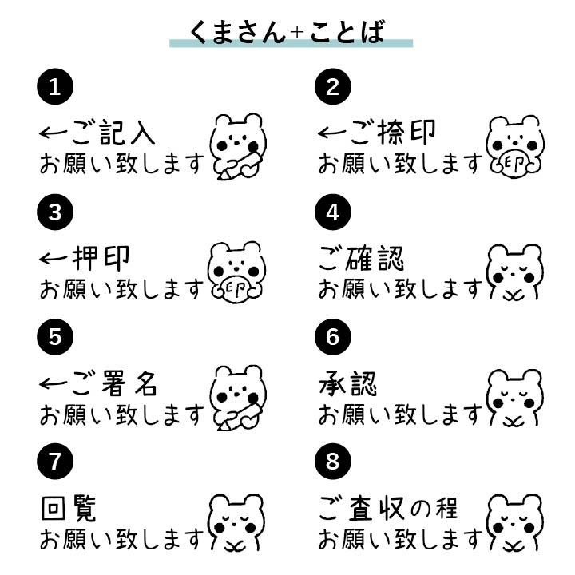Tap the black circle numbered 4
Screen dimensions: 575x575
333,212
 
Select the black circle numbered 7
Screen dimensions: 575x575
55,461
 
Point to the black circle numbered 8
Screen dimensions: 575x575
333,461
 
